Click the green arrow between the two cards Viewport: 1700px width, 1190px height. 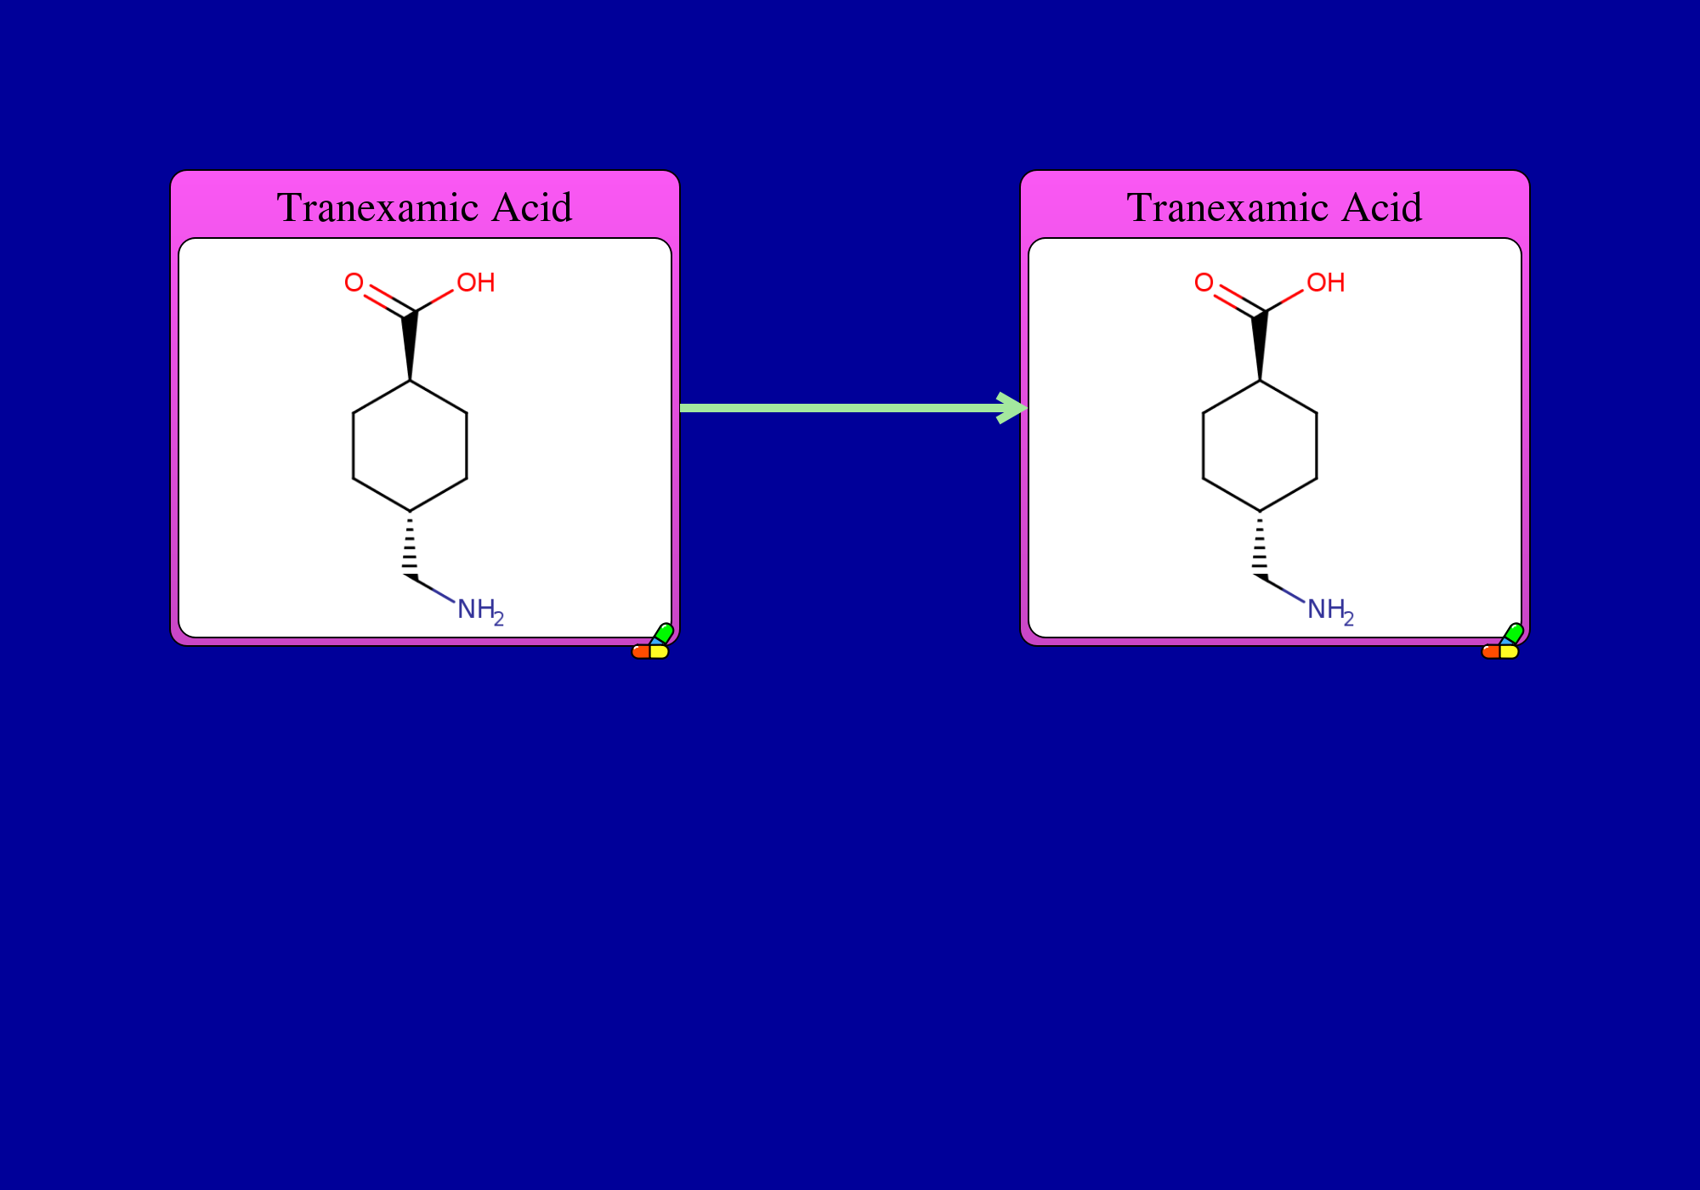[853, 408]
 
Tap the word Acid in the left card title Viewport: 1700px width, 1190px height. [532, 208]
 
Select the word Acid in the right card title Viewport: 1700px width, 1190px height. [1382, 208]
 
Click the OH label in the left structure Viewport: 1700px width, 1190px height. [476, 283]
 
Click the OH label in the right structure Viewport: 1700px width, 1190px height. [1326, 283]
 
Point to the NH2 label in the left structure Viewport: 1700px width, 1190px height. [480, 610]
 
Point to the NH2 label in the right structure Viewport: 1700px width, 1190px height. [1330, 610]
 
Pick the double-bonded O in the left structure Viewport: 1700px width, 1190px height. [354, 282]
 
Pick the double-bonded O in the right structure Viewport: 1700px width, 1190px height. [1204, 282]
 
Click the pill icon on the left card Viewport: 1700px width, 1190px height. [652, 642]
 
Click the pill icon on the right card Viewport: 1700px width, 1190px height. [1502, 642]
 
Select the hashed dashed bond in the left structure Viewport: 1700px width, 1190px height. [410, 546]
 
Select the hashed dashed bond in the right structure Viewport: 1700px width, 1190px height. [1260, 546]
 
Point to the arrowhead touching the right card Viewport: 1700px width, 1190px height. [1013, 408]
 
